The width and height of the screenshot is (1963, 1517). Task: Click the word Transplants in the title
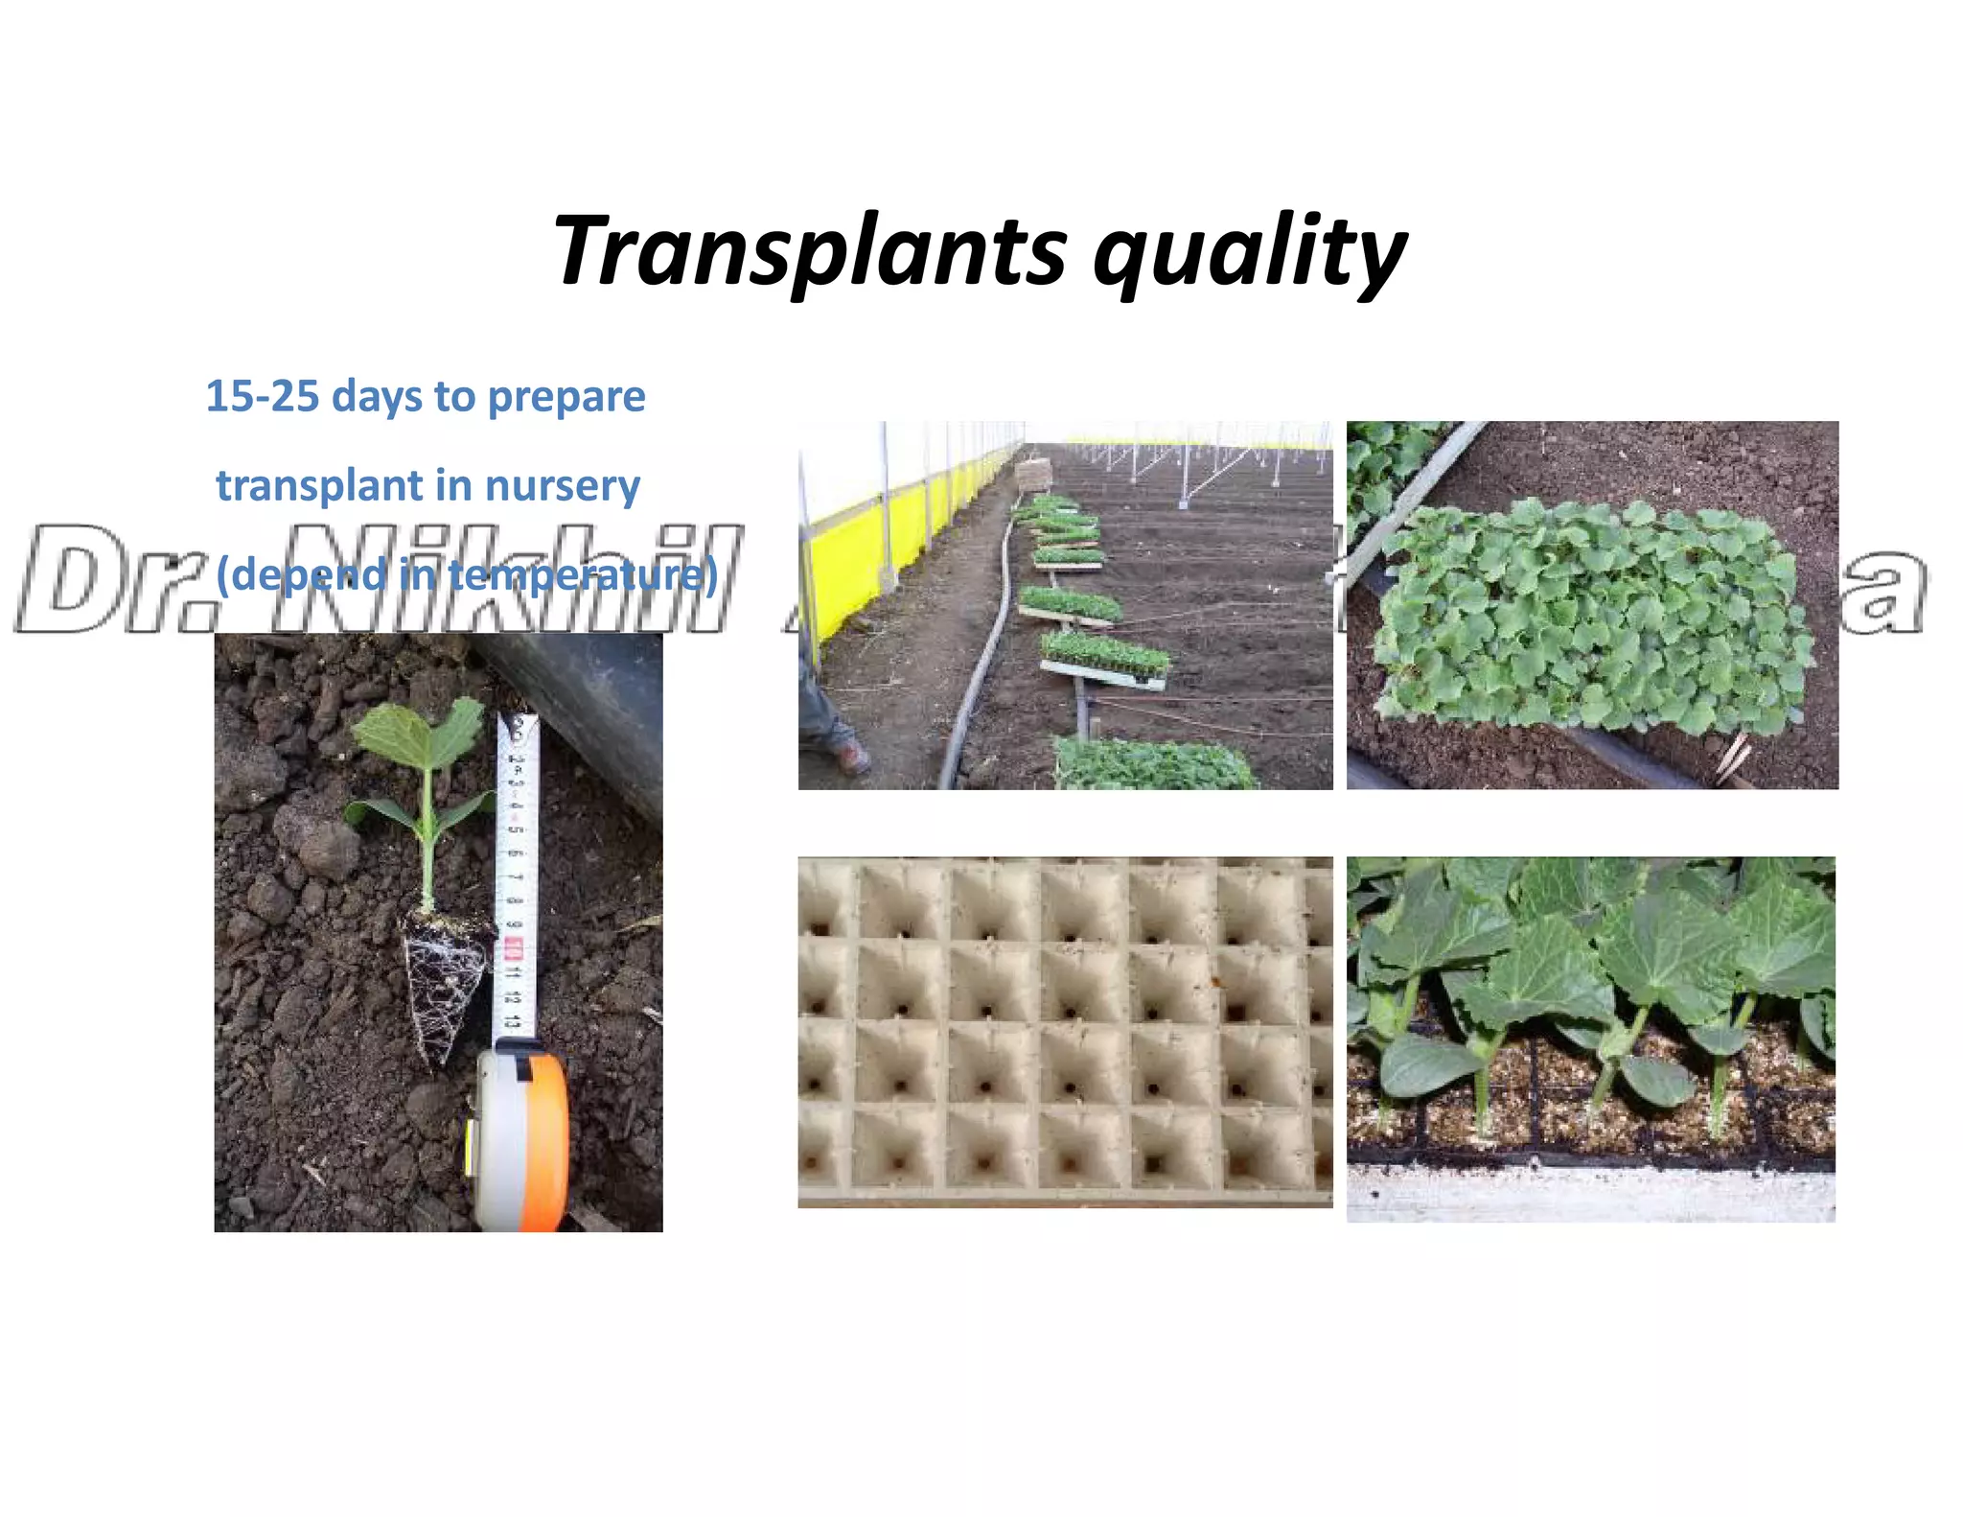[810, 251]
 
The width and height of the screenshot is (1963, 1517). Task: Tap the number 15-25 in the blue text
[262, 396]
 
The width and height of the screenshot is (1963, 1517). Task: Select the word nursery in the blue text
[563, 486]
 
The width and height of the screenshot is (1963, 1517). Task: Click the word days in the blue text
[377, 396]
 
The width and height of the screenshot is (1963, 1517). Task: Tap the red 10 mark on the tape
[514, 949]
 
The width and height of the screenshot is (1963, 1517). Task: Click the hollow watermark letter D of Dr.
[77, 580]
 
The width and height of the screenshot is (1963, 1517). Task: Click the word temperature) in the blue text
[583, 575]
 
